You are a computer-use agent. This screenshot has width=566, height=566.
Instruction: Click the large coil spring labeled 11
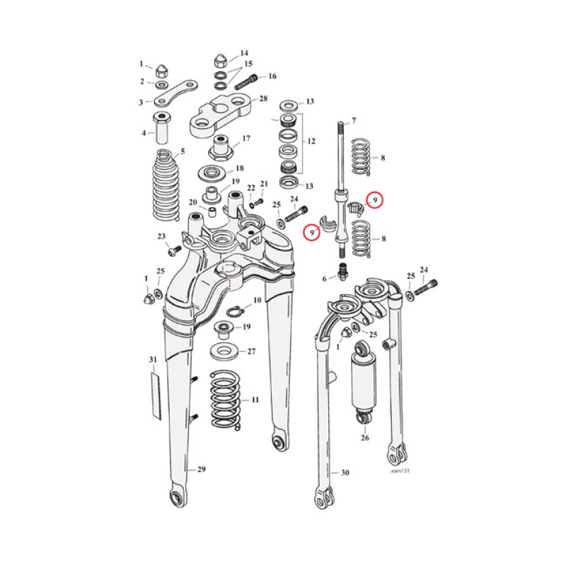click(226, 400)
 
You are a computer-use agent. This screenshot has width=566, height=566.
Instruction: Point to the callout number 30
click(345, 473)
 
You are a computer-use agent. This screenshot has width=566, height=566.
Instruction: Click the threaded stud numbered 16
click(247, 81)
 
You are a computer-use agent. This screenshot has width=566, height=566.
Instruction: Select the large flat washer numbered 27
click(226, 350)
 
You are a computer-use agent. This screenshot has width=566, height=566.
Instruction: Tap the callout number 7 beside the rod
click(354, 121)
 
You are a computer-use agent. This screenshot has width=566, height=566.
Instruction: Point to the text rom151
click(400, 470)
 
